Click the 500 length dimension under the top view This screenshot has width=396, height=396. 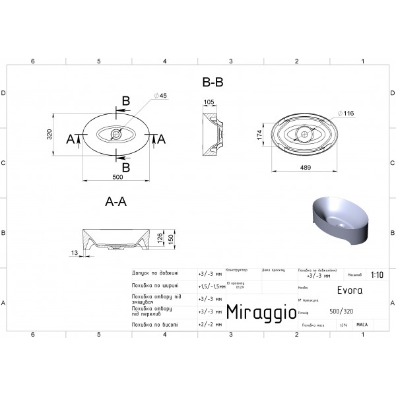click(x=118, y=176)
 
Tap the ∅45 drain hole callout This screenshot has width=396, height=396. click(x=160, y=96)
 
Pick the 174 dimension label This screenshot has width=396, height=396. click(x=261, y=135)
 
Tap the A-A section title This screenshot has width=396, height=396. click(x=115, y=203)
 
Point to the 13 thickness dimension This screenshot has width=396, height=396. click(x=74, y=252)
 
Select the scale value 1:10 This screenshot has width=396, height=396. click(x=377, y=275)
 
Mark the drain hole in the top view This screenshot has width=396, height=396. click(x=116, y=135)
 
